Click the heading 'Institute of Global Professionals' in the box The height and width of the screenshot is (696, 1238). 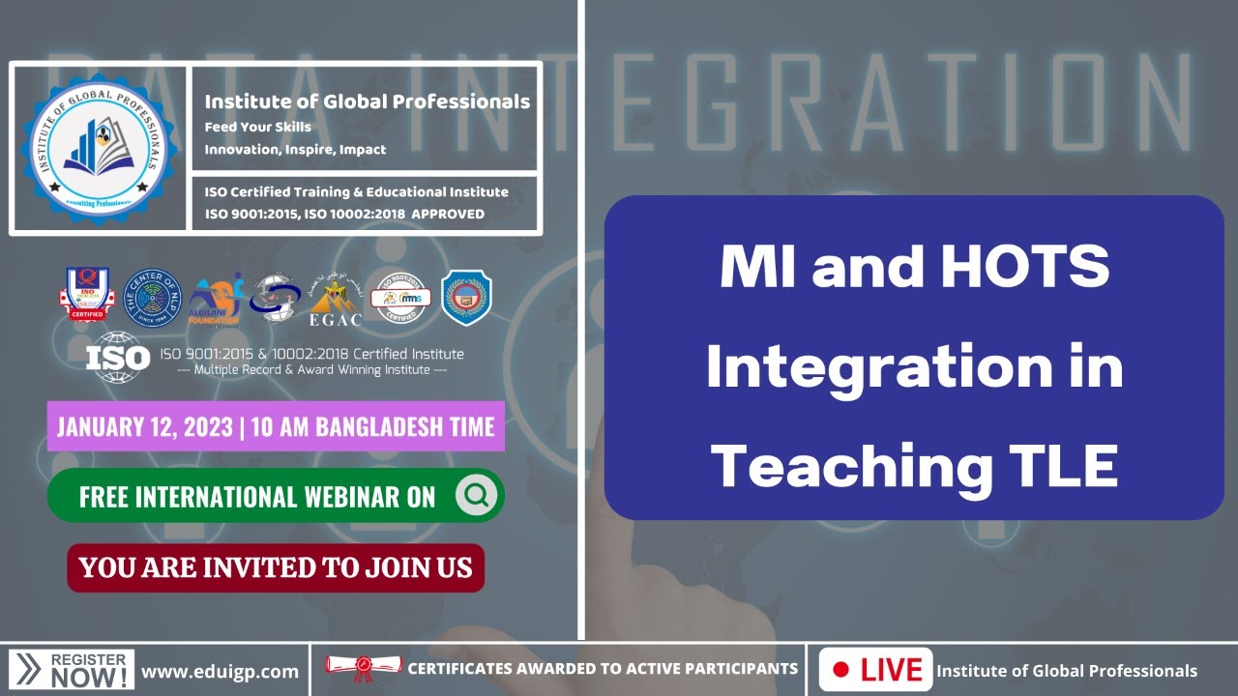(x=367, y=101)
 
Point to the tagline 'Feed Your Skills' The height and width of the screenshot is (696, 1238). (x=257, y=127)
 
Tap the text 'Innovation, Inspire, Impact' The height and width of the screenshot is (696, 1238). (x=295, y=150)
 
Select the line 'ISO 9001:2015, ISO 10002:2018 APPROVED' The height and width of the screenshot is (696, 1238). (x=344, y=214)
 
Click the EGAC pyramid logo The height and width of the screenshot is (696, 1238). (x=334, y=298)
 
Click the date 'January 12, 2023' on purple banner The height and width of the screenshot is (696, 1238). (x=145, y=427)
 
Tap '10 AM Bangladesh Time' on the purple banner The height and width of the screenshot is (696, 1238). (x=372, y=427)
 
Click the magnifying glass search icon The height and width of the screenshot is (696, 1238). (x=476, y=496)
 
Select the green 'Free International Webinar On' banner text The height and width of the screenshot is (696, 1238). (x=257, y=497)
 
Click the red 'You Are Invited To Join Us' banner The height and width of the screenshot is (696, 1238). (x=276, y=567)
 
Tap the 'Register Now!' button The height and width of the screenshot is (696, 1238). (x=73, y=670)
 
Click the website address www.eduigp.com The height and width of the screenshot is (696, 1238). (x=220, y=671)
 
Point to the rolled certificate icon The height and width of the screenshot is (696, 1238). (x=363, y=668)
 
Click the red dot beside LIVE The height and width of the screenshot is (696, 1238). (x=840, y=670)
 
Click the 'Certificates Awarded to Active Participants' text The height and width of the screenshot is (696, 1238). (x=603, y=669)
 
